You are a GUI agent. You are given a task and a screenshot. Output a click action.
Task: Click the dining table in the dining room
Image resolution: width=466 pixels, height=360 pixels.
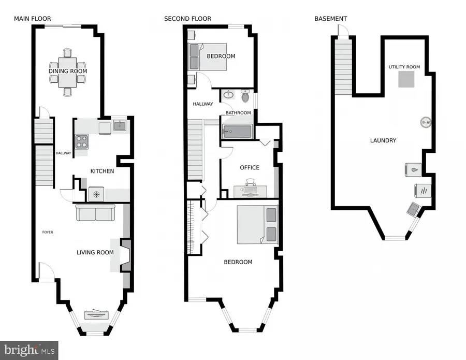click(x=68, y=72)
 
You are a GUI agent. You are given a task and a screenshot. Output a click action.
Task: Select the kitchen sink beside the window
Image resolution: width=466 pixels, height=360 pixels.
click(x=120, y=125)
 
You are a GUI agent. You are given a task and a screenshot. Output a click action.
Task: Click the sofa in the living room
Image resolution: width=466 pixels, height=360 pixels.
click(x=95, y=212)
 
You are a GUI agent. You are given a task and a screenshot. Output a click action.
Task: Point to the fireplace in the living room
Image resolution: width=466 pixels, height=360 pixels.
click(x=125, y=255)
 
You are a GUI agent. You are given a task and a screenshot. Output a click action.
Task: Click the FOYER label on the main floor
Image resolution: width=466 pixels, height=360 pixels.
click(x=48, y=232)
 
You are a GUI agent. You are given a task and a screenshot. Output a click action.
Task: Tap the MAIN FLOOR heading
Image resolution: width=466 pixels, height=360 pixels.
click(x=32, y=19)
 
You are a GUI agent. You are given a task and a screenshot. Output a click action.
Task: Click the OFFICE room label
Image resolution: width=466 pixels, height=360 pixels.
click(x=250, y=167)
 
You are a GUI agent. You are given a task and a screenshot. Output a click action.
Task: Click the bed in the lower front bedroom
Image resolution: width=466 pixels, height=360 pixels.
click(x=258, y=224)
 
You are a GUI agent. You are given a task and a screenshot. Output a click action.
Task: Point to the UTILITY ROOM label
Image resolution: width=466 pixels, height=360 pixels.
click(x=404, y=67)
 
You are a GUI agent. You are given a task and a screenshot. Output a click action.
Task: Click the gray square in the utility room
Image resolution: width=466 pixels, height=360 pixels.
click(x=405, y=79)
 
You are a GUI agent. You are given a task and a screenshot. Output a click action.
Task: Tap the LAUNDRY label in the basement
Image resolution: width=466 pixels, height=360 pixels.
click(x=383, y=140)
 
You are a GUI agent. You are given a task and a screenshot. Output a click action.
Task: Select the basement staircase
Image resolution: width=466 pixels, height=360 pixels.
click(x=343, y=67)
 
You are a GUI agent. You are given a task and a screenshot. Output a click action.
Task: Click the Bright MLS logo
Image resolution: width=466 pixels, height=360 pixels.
click(x=28, y=350)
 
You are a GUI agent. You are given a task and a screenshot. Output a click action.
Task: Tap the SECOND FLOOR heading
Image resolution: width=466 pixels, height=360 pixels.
click(x=187, y=19)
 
